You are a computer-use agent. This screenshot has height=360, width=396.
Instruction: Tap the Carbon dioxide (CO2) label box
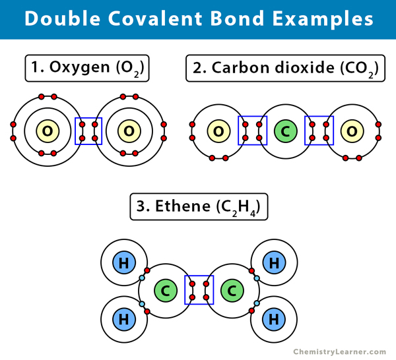[x=285, y=69]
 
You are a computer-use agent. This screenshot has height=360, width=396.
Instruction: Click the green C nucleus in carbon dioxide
[x=286, y=131]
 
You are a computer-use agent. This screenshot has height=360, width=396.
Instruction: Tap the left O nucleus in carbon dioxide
[x=218, y=131]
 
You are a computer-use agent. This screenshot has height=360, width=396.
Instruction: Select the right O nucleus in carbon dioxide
[x=352, y=131]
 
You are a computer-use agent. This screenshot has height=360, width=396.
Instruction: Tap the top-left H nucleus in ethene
[x=123, y=263]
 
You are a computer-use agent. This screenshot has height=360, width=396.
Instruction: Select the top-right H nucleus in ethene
[x=273, y=263]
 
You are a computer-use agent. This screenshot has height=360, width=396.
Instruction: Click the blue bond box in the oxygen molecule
[x=88, y=131]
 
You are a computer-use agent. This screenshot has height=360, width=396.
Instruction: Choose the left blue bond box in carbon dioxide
[x=252, y=131]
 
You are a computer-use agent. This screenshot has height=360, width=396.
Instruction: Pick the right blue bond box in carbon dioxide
[x=319, y=131]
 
